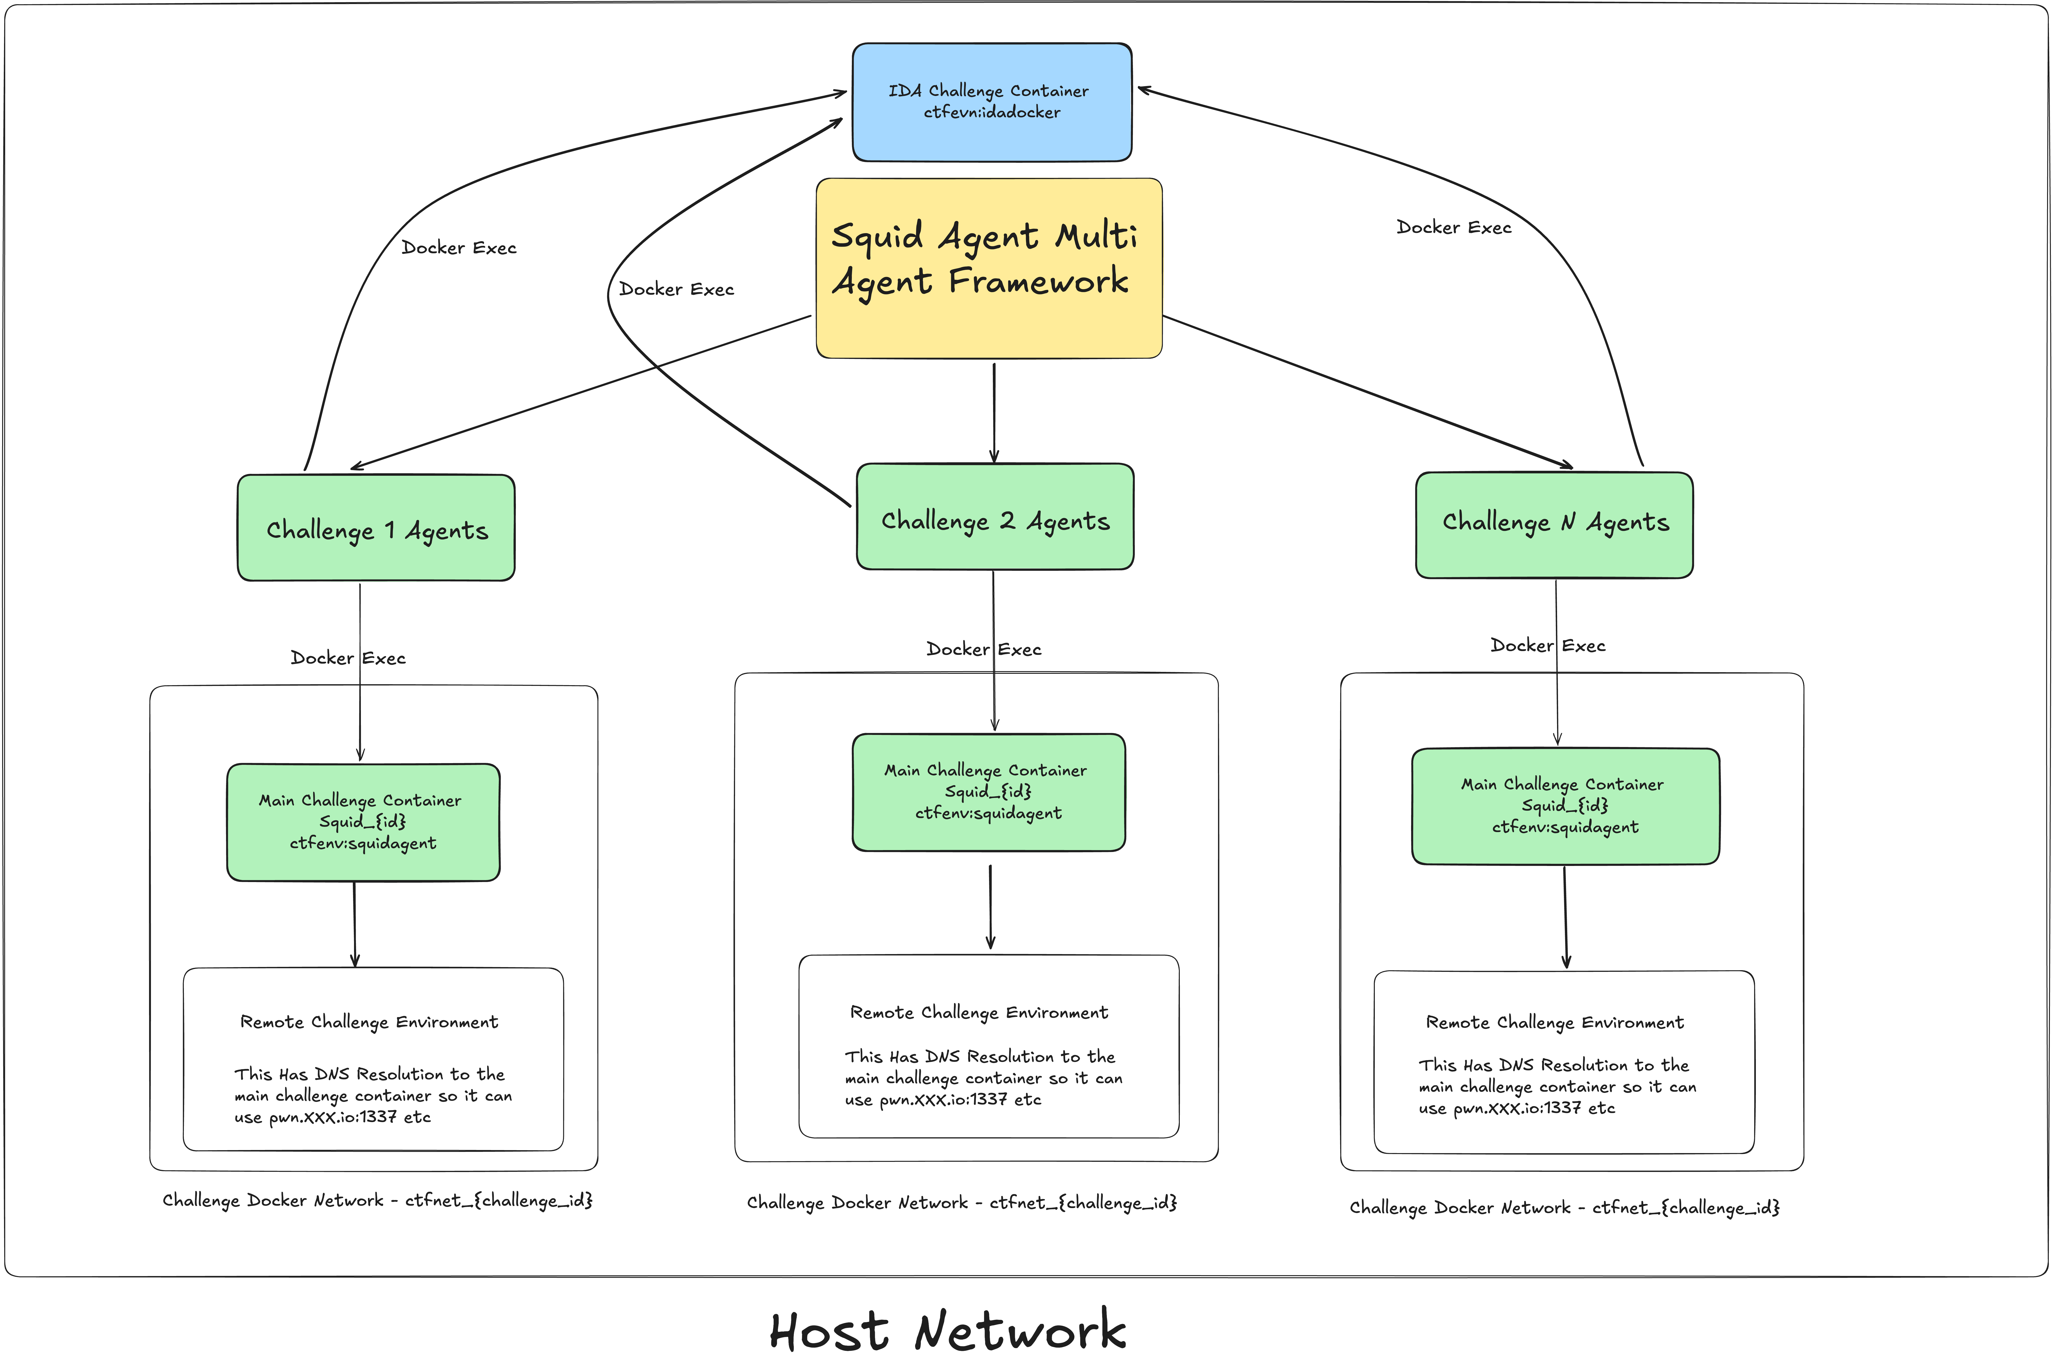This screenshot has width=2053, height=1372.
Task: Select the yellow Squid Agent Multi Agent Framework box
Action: (x=989, y=324)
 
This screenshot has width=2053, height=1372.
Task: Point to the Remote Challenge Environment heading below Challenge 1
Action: (x=369, y=1022)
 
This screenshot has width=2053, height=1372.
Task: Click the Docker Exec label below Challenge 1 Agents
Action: (x=348, y=658)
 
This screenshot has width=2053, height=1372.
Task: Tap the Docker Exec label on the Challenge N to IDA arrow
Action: (x=1453, y=227)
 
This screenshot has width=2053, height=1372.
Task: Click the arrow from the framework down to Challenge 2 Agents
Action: (x=994, y=411)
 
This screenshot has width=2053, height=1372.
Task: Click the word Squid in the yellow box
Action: (x=877, y=236)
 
